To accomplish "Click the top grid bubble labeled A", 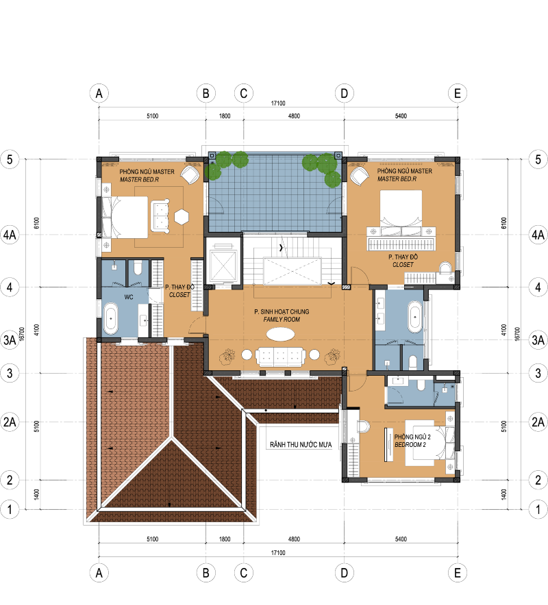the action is tap(99, 93).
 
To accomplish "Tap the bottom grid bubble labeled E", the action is tap(458, 573).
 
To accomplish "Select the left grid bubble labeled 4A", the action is tap(10, 235).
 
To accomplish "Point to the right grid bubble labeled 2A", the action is tap(538, 422).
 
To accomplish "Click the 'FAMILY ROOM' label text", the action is tap(282, 320).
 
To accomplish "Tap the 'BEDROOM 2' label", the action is tap(410, 445).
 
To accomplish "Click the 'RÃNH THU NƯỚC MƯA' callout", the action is tap(301, 445).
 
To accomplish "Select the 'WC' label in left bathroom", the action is tap(129, 297).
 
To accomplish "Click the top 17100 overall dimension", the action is tap(278, 103).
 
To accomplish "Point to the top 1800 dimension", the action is tap(225, 116).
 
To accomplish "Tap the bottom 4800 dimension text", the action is tap(294, 539).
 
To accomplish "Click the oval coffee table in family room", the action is tap(281, 334).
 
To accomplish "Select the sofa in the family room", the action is tap(280, 357).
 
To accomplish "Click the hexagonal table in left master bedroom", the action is tap(181, 217).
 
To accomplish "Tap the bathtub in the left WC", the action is tap(111, 318).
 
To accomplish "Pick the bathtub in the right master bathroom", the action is tap(415, 317).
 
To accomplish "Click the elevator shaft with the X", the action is tap(222, 266).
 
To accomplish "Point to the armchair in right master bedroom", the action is tap(360, 176).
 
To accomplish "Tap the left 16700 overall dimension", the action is tap(22, 334).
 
